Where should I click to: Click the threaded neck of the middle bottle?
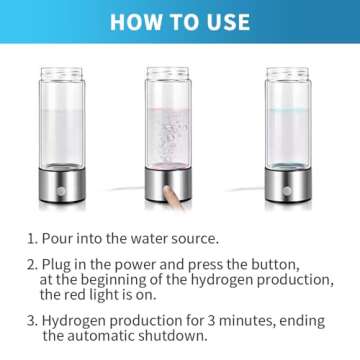pos(168,76)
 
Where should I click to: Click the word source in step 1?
pos(192,239)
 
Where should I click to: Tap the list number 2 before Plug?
pos(31,265)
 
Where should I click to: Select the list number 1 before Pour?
pos(31,239)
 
